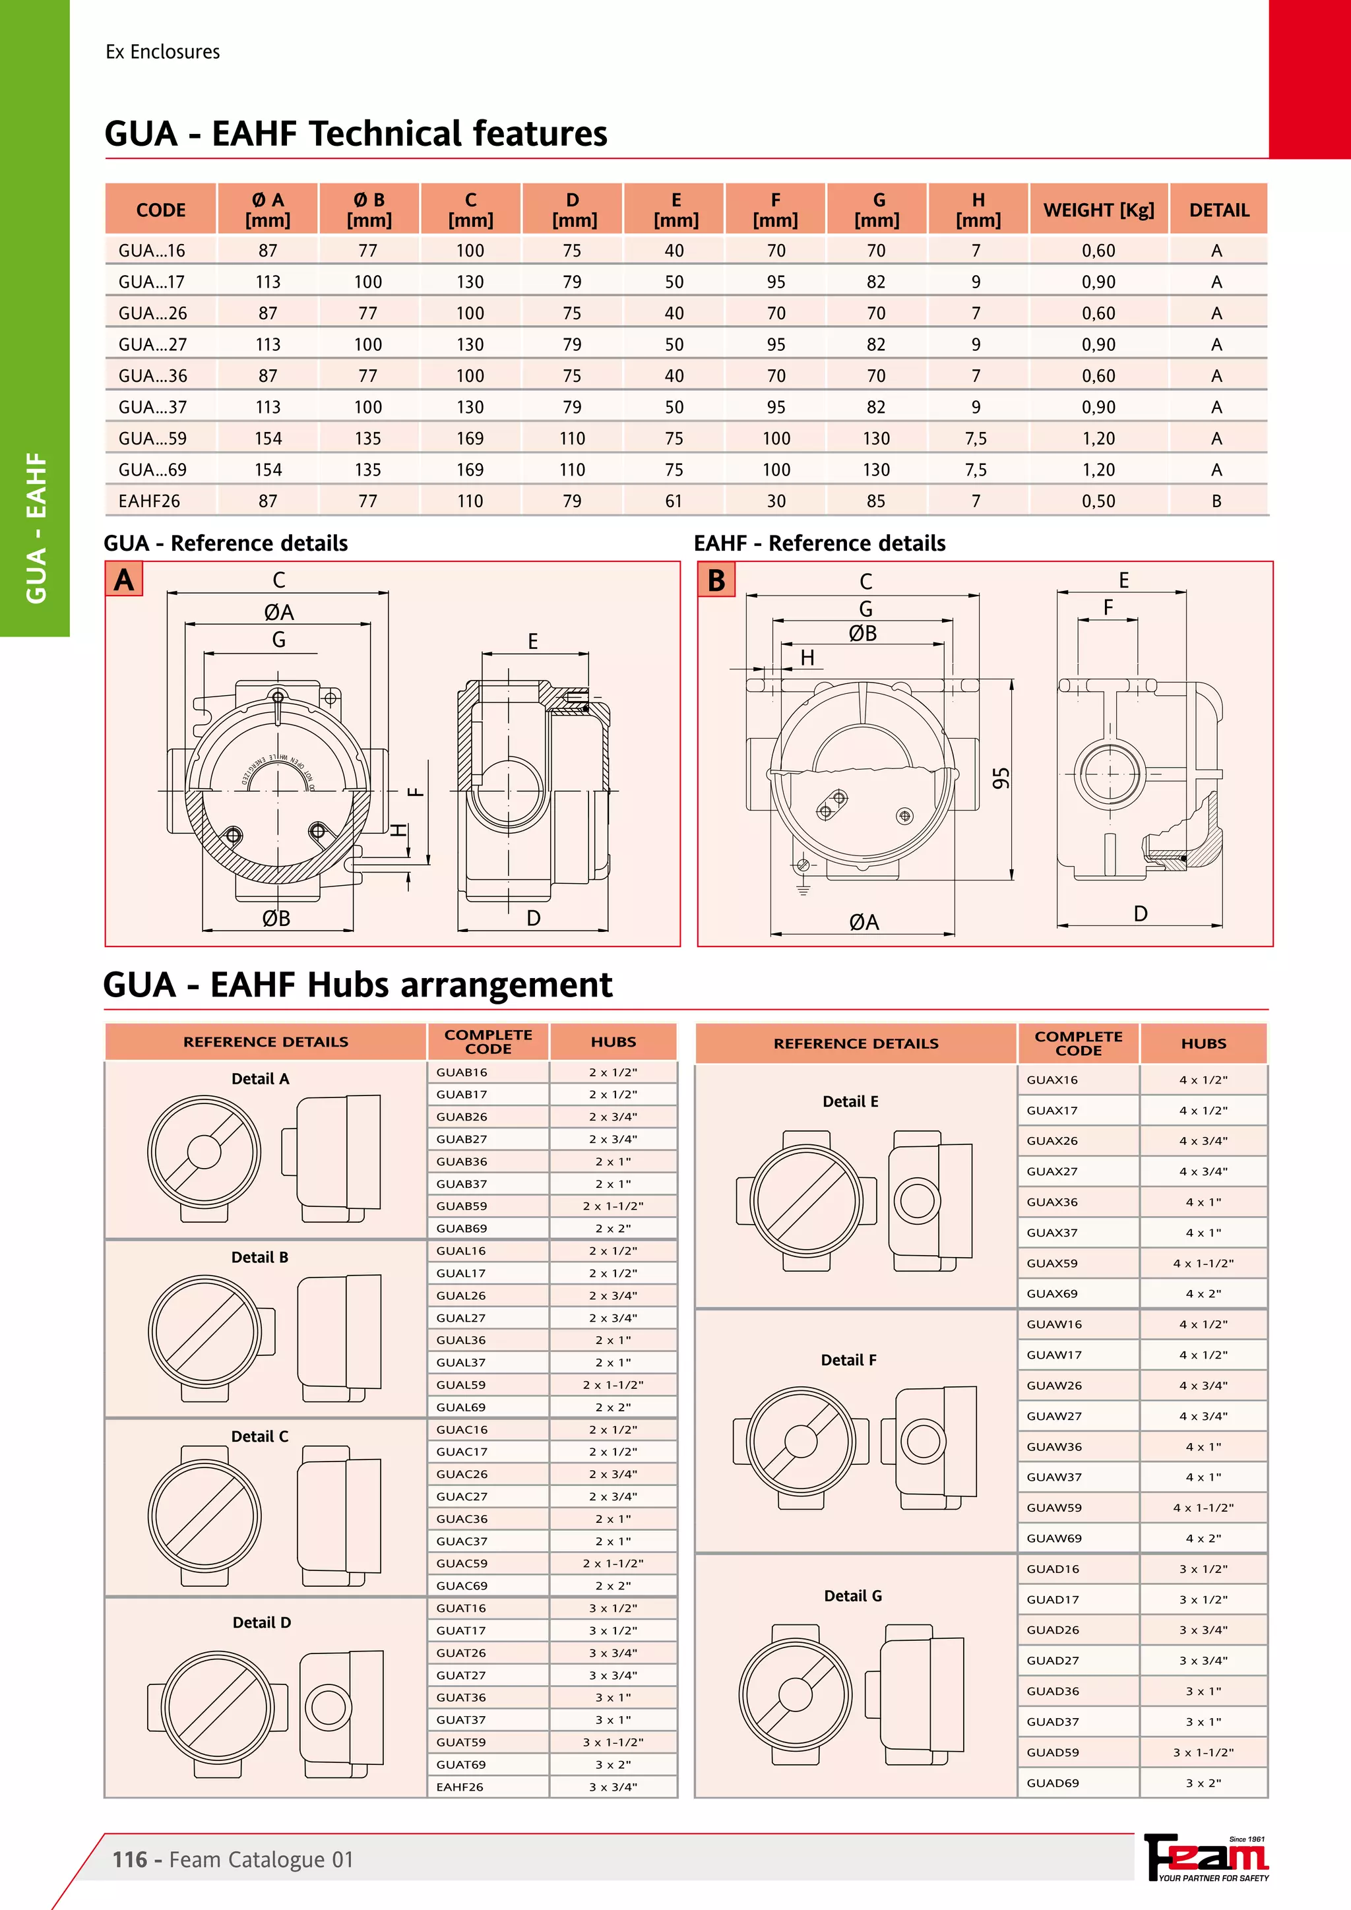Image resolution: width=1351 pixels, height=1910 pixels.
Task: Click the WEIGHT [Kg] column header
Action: (x=1098, y=210)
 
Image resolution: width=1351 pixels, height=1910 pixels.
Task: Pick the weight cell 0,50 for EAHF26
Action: (x=1098, y=501)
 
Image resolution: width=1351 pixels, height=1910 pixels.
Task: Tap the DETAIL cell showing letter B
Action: (x=1216, y=501)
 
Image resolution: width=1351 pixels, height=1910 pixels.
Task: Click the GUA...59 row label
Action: (x=152, y=439)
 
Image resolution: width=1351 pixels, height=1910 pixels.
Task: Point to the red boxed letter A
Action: (x=124, y=580)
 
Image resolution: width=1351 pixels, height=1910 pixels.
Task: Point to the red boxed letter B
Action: (x=716, y=580)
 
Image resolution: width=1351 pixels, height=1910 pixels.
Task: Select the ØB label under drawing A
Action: (x=276, y=919)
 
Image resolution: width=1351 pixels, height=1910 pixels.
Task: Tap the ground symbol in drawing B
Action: (x=803, y=889)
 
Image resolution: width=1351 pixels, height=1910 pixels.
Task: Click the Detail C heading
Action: (x=259, y=1436)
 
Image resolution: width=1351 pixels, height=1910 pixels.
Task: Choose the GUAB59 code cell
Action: (x=462, y=1206)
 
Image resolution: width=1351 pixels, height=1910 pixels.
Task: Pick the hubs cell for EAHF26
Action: (x=613, y=1787)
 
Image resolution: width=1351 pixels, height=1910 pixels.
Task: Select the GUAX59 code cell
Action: (x=1052, y=1263)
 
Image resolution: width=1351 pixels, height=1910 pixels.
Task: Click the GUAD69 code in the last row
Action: (x=1052, y=1783)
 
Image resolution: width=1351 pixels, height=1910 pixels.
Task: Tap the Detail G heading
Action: (x=853, y=1595)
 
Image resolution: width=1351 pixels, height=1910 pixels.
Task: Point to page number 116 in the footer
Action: (x=130, y=1859)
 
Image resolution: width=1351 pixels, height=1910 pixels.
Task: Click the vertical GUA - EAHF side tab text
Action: (x=36, y=528)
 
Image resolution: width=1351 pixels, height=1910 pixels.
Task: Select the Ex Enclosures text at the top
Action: (x=163, y=51)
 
